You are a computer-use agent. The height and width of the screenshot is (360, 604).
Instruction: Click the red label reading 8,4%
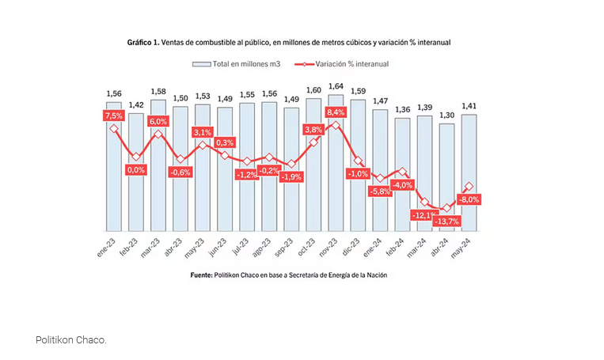(336, 112)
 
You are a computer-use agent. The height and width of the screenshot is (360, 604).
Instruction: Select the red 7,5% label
(114, 116)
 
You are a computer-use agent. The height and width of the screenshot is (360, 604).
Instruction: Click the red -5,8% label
(380, 191)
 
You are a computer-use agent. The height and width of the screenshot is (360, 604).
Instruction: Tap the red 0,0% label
(136, 169)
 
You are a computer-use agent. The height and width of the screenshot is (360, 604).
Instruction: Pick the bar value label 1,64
(336, 86)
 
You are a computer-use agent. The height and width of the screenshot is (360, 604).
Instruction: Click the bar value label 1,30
(446, 115)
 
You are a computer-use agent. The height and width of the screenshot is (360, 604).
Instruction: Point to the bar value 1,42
(136, 104)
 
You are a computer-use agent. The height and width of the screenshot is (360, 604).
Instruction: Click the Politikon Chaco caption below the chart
(70, 339)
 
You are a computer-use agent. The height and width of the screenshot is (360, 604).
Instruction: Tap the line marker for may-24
(469, 187)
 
